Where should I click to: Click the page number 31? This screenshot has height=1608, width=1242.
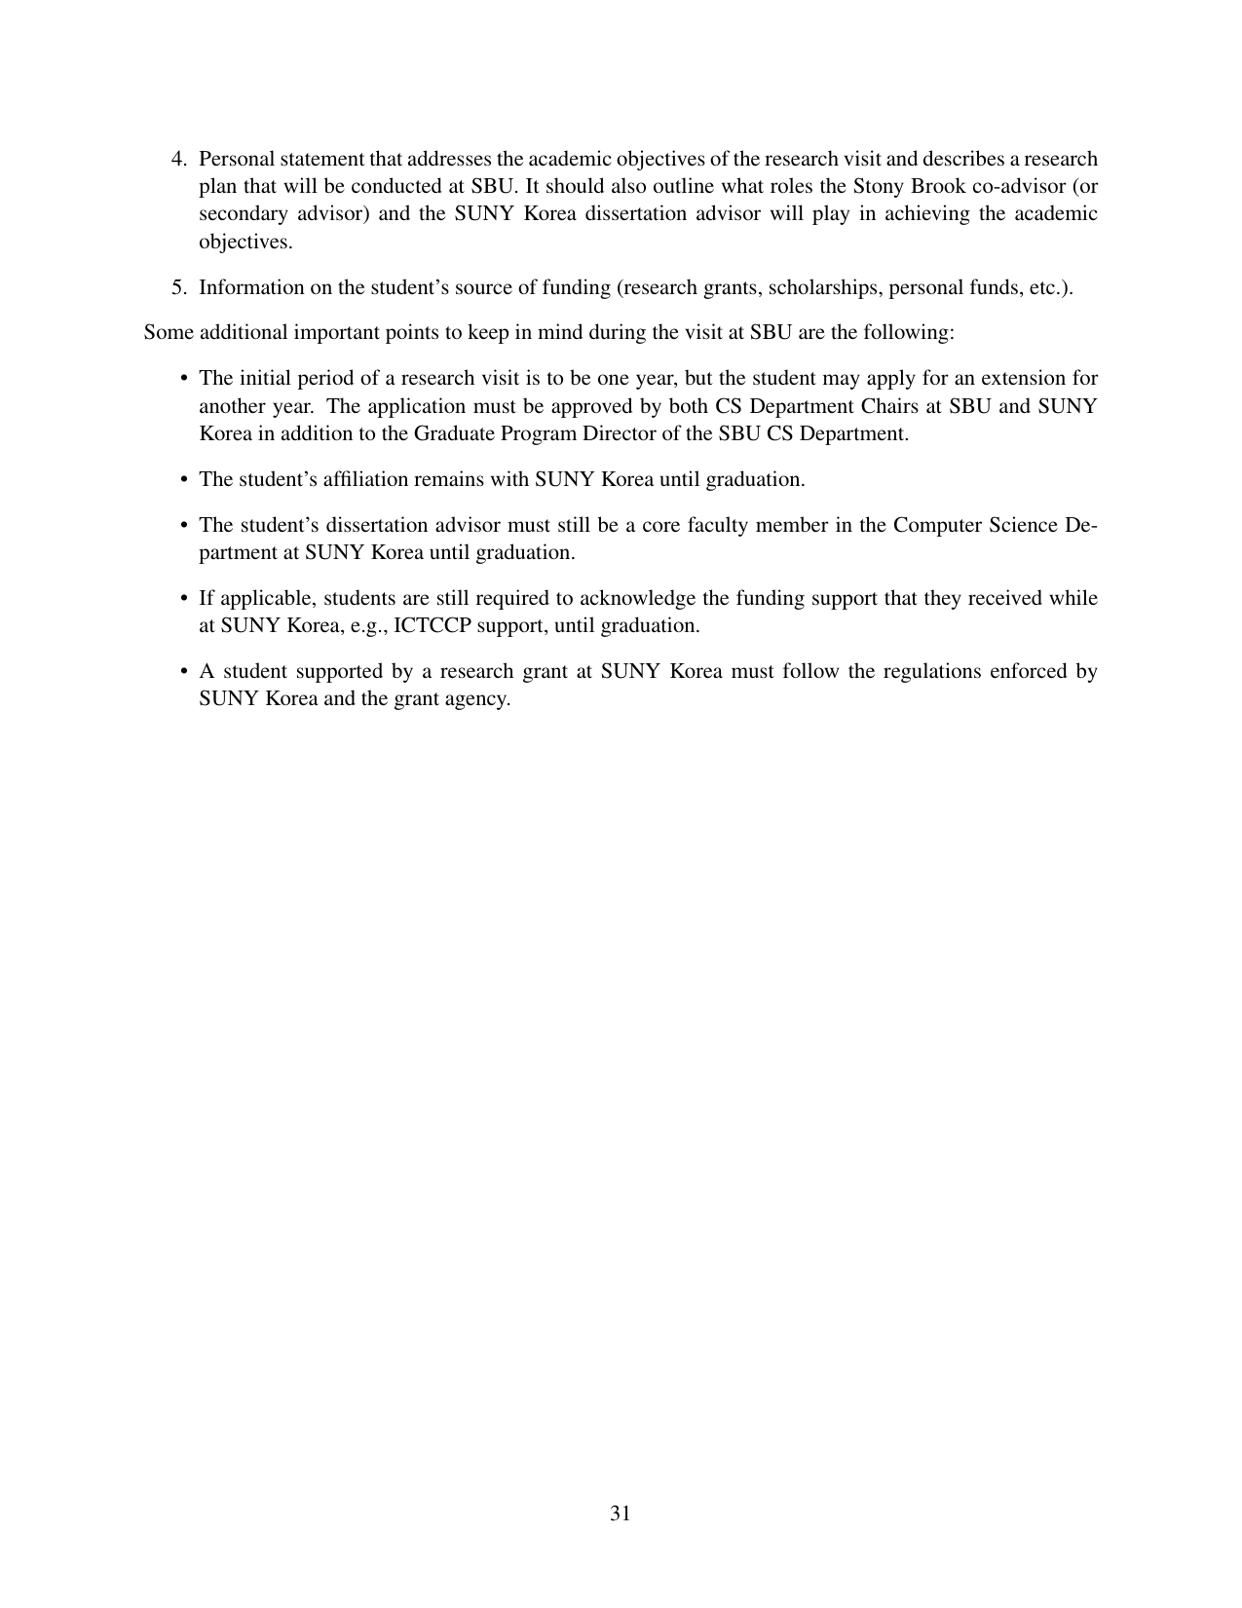pyautogui.click(x=621, y=1514)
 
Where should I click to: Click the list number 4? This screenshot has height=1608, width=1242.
pyautogui.click(x=178, y=159)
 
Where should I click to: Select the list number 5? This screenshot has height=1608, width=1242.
pyautogui.click(x=178, y=287)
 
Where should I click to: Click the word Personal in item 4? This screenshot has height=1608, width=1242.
pyautogui.click(x=235, y=159)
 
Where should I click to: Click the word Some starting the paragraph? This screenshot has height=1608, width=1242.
pyautogui.click(x=168, y=332)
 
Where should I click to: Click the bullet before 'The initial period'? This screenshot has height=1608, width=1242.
pyautogui.click(x=184, y=378)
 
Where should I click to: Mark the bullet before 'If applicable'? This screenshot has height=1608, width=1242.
pyautogui.click(x=184, y=598)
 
